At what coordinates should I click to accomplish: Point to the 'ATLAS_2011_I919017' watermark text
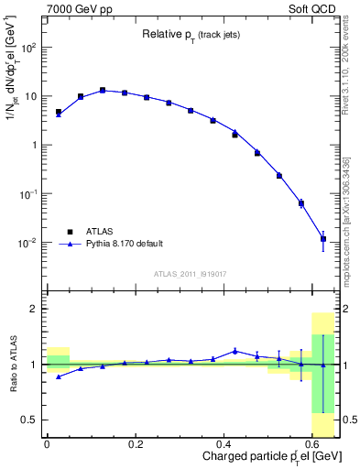[x=191, y=274]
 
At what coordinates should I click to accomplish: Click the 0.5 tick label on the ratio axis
[x=31, y=420]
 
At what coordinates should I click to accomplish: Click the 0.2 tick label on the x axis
[x=136, y=443]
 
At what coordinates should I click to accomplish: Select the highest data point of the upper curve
[x=103, y=90]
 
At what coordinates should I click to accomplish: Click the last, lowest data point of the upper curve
[x=323, y=238]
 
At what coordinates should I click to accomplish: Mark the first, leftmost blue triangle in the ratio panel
[x=58, y=376]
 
